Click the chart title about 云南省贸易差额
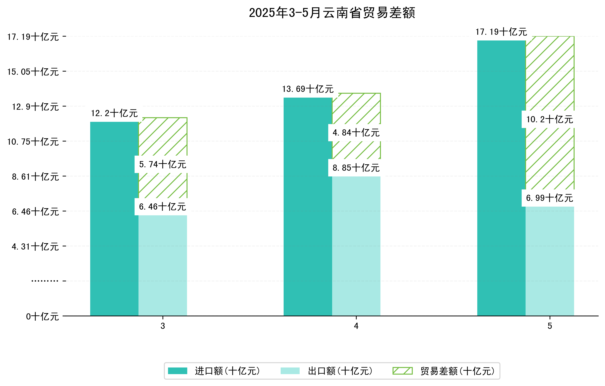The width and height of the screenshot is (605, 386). [332, 13]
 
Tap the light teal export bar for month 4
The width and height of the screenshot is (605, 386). [356, 246]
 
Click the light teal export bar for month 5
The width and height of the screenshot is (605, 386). [550, 261]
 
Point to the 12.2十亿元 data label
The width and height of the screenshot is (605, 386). [114, 113]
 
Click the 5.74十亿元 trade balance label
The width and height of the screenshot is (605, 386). [163, 165]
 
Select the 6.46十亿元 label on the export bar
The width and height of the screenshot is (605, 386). [163, 207]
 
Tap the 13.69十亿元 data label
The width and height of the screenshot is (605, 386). [308, 89]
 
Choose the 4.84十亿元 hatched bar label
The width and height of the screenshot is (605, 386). [356, 133]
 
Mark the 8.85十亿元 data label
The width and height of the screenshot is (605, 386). [356, 168]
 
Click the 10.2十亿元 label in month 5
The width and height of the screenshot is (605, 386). [550, 119]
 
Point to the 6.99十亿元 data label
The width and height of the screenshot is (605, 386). [550, 198]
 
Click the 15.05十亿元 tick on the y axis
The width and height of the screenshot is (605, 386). [33, 72]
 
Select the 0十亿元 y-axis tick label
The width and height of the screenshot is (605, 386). [42, 317]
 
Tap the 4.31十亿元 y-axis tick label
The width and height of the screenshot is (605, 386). [35, 247]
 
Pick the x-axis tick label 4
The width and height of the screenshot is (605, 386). [356, 326]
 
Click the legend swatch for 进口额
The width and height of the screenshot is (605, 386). [177, 371]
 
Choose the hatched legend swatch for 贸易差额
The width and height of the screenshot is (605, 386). [402, 371]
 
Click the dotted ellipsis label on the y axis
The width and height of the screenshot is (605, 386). [45, 281]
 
